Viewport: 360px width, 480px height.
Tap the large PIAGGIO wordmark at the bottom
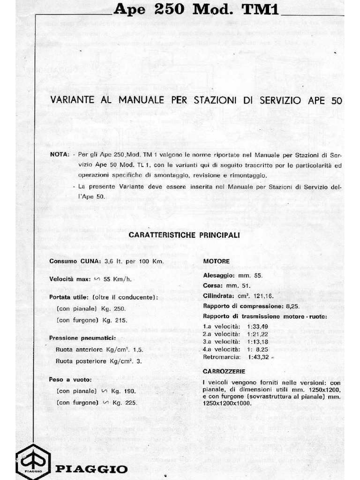(91, 469)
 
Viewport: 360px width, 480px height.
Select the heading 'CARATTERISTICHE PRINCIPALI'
(184, 235)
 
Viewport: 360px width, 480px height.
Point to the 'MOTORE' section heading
(216, 261)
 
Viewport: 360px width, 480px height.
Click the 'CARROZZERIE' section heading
(221, 371)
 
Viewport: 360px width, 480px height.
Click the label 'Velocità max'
(69, 279)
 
